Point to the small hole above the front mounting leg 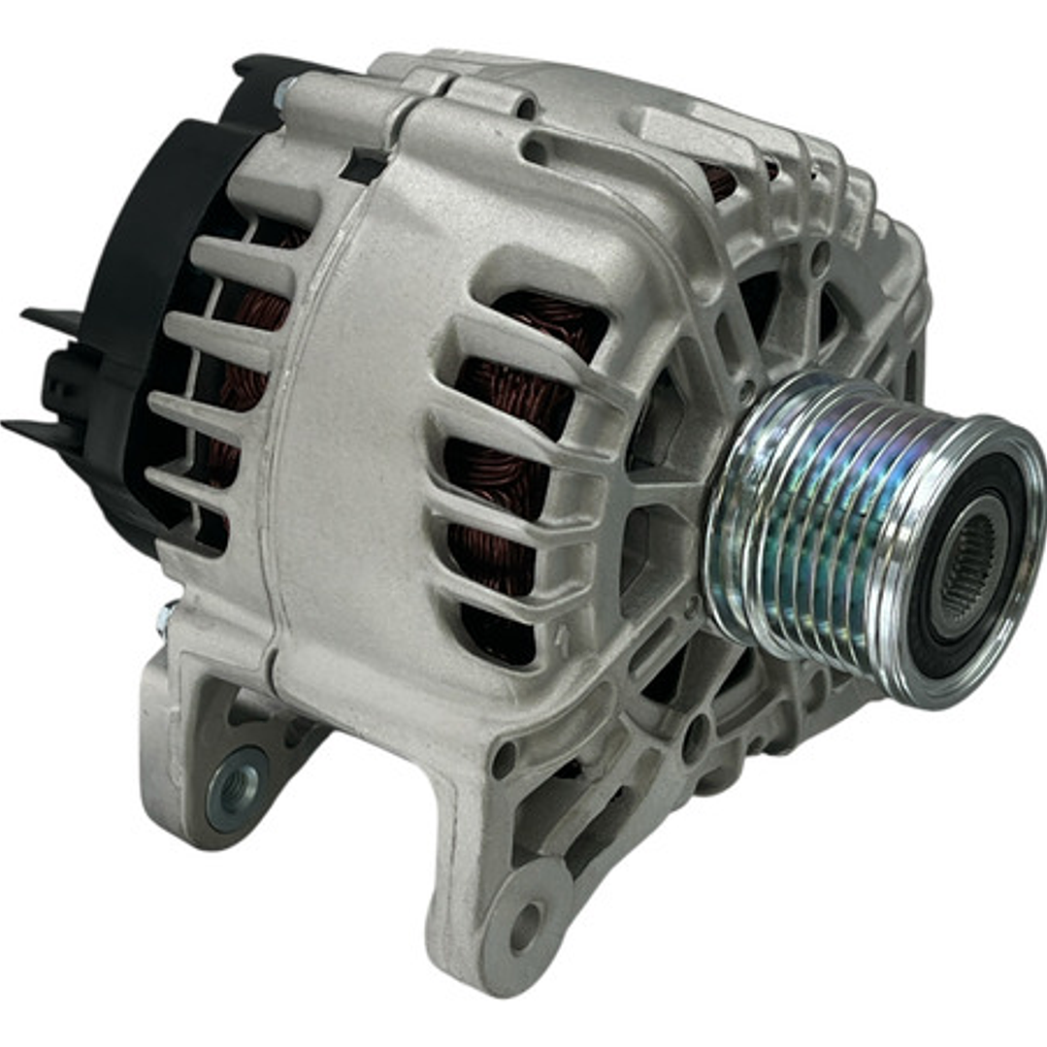tap(504, 761)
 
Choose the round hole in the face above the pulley tap(821, 257)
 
